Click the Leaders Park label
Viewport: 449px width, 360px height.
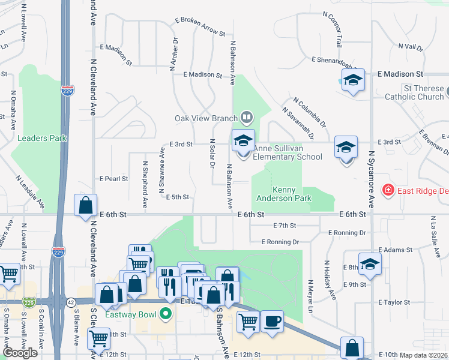42,138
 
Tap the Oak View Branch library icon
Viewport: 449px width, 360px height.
246,116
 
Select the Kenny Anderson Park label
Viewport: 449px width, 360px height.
276,194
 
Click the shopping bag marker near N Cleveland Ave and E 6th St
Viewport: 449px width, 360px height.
86,205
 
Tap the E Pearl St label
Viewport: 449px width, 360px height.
114,179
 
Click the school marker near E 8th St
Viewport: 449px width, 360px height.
370,265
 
